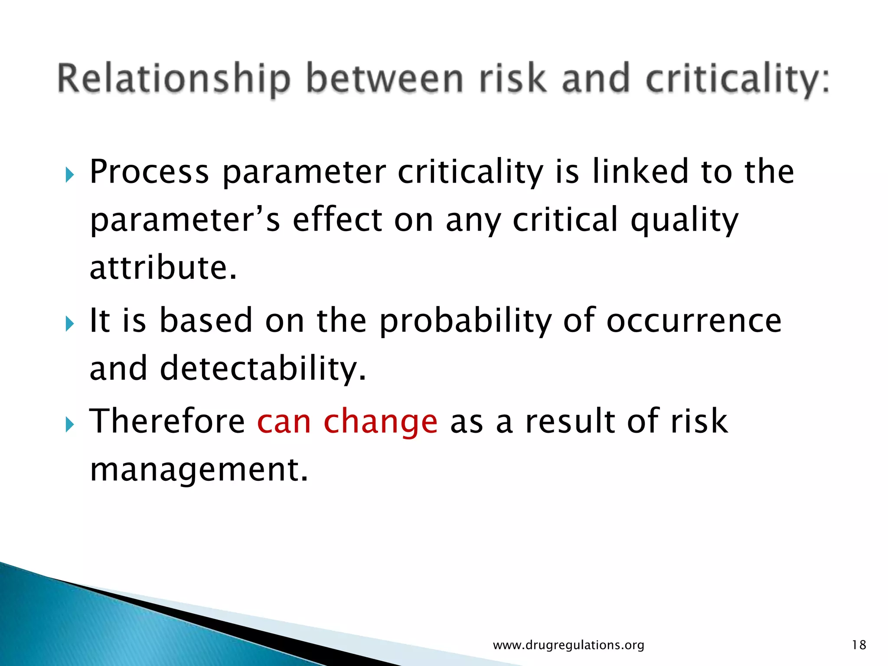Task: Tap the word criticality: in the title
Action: [x=737, y=79]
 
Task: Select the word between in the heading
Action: [x=385, y=79]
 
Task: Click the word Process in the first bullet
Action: [x=149, y=172]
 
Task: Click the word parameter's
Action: [x=185, y=220]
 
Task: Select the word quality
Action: [x=684, y=220]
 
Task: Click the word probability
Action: [x=465, y=321]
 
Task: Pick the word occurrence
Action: [x=694, y=321]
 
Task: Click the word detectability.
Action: [x=263, y=369]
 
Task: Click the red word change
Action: [x=380, y=422]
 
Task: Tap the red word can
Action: [x=284, y=422]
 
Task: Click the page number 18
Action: [x=859, y=645]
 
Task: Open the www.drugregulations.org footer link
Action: [x=568, y=645]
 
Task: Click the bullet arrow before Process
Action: [x=70, y=176]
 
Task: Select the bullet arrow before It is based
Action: [x=70, y=324]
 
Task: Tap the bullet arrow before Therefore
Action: [x=70, y=424]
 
